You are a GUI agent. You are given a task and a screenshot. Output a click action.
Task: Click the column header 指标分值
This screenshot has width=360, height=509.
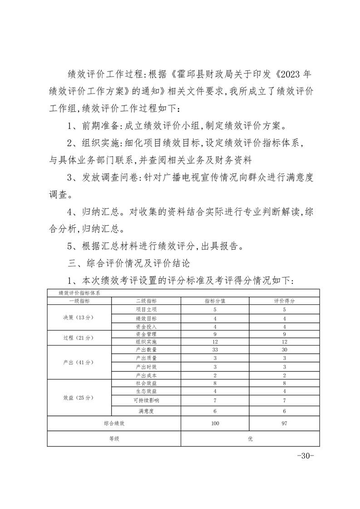click(x=215, y=301)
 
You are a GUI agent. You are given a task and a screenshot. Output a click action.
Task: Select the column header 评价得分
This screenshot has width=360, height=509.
click(x=284, y=301)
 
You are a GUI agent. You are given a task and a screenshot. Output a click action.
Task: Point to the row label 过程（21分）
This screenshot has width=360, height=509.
click(x=79, y=338)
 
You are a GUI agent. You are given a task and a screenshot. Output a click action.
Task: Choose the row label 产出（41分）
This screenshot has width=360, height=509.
click(x=79, y=362)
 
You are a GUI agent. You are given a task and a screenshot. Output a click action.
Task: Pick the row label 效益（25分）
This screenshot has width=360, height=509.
click(x=79, y=397)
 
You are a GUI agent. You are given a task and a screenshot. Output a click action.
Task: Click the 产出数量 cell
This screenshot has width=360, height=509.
click(x=146, y=350)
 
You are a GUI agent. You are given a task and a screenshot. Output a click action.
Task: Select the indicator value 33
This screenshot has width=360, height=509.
click(x=215, y=350)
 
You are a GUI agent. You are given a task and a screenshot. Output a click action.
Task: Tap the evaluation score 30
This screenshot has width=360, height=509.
click(x=284, y=350)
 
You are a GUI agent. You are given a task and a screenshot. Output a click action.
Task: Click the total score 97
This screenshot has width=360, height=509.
click(x=284, y=423)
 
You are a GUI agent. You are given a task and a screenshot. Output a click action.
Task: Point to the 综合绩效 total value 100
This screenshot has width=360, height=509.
click(x=215, y=423)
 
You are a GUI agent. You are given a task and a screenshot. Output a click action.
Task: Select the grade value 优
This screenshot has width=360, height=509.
click(x=250, y=439)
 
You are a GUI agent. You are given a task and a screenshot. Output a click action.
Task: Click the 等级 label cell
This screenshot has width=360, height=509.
click(x=114, y=439)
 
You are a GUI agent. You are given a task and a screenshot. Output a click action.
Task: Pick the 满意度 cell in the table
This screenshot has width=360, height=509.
click(x=146, y=411)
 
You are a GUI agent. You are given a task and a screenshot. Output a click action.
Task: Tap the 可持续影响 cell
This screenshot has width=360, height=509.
click(x=146, y=400)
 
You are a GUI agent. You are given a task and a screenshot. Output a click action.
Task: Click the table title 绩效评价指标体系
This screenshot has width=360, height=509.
click(x=79, y=293)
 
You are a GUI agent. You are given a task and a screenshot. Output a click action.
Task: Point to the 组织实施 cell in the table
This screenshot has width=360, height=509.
click(x=146, y=342)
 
